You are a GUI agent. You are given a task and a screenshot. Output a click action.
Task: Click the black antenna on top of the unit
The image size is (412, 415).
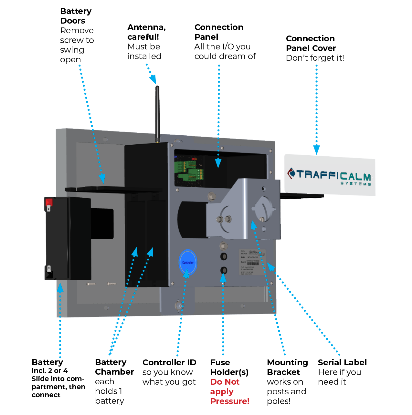pyautogui.click(x=157, y=113)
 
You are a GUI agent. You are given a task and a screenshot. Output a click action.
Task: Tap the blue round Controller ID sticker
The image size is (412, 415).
pyautogui.click(x=188, y=262)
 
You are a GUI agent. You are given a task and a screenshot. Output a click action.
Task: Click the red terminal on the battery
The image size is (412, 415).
pyautogui.click(x=49, y=202)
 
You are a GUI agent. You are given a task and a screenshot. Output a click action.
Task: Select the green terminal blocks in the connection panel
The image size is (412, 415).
pyautogui.click(x=189, y=170)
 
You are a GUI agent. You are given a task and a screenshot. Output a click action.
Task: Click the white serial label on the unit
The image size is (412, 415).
pyautogui.click(x=253, y=262)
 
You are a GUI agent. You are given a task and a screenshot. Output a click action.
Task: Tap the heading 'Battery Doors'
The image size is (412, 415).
pyautogui.click(x=76, y=16)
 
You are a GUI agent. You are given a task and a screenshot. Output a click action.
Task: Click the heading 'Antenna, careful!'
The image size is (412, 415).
pyautogui.click(x=146, y=32)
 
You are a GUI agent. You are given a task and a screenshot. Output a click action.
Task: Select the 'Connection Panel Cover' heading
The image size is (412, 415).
pyautogui.click(x=311, y=43)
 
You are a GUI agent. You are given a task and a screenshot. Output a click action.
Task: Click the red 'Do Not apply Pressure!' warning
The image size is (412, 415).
pyautogui.click(x=229, y=391)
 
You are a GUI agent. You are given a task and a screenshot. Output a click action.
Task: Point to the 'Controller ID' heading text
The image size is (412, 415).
pyautogui.click(x=169, y=362)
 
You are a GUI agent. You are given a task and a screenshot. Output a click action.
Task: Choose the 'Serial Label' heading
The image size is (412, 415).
pyautogui.click(x=342, y=362)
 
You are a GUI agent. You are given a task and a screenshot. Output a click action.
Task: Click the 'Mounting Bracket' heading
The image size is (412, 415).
pyautogui.click(x=287, y=367)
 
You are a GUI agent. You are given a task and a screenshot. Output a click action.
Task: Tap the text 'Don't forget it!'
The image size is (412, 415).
pyautogui.click(x=315, y=58)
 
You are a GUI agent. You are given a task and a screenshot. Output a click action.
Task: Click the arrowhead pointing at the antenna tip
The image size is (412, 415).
pyautogui.click(x=153, y=79)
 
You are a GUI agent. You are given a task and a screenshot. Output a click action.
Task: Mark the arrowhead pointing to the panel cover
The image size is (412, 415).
pyautogui.click(x=317, y=150)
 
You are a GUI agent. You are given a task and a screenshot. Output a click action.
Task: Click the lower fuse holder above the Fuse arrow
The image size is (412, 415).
pyautogui.click(x=223, y=270)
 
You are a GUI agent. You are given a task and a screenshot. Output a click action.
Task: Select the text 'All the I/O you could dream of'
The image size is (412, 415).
pyautogui.click(x=225, y=52)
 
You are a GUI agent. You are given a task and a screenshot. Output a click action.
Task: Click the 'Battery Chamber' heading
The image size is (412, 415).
pyautogui.click(x=114, y=367)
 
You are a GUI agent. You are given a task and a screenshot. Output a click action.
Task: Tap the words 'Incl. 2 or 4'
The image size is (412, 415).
pyautogui.click(x=49, y=371)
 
